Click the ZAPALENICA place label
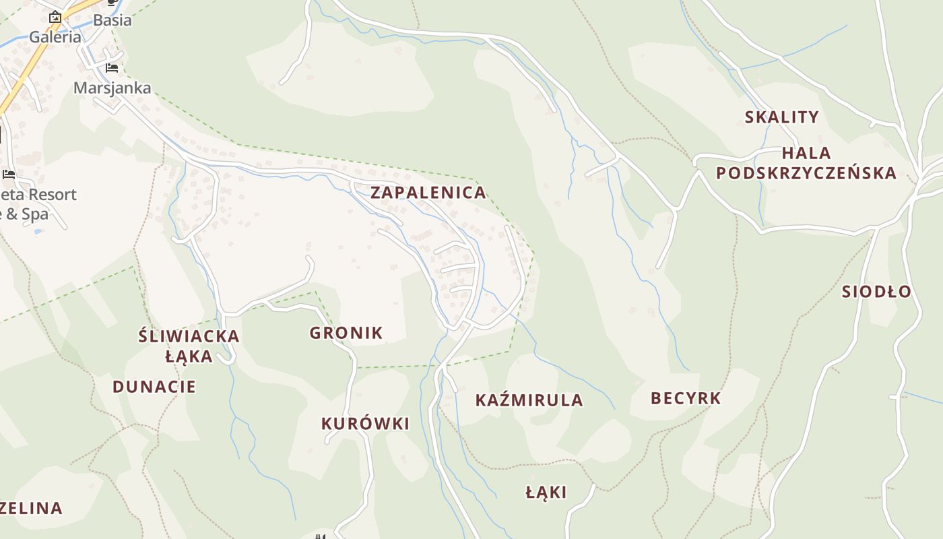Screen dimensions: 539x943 tap(428, 193)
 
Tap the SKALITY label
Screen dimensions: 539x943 tap(781, 117)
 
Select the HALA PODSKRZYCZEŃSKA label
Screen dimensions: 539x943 tap(806, 163)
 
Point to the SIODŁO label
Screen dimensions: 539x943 tap(876, 292)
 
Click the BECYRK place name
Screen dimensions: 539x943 tap(686, 398)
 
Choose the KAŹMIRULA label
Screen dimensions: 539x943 tap(529, 400)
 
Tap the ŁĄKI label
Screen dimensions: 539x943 tap(546, 493)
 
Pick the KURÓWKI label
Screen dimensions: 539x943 tap(365, 424)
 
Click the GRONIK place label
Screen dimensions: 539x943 tap(346, 333)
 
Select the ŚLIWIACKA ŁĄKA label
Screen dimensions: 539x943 tap(189, 346)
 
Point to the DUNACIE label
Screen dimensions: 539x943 tap(154, 387)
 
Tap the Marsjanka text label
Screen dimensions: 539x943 tap(112, 88)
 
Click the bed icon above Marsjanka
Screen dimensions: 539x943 tap(112, 68)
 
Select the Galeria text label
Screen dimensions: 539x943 tap(55, 38)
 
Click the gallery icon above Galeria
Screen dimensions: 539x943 tap(55, 17)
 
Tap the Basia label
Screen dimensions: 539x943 tap(112, 20)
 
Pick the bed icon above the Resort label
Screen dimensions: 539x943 tap(9, 174)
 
